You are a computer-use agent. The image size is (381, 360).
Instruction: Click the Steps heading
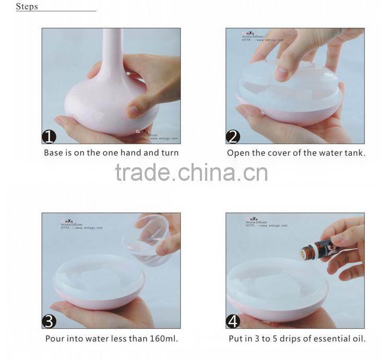click(x=27, y=7)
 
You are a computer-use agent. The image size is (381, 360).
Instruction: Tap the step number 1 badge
click(x=49, y=137)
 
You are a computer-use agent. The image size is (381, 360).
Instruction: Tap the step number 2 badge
click(x=233, y=137)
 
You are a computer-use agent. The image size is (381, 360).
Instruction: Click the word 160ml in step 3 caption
click(x=162, y=339)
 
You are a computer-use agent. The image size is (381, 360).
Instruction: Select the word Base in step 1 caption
click(x=54, y=153)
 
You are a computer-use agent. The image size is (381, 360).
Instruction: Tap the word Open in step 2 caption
click(x=237, y=153)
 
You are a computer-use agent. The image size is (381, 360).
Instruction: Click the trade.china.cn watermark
click(x=191, y=172)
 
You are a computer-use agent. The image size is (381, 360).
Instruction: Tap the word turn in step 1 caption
click(x=170, y=153)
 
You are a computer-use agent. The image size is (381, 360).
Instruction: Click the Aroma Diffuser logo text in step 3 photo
click(x=71, y=224)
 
